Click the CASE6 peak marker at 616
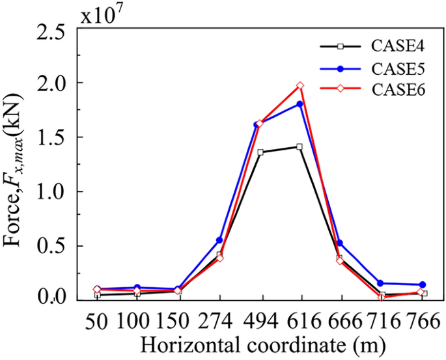pyautogui.click(x=300, y=85)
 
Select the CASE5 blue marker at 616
pyautogui.click(x=300, y=104)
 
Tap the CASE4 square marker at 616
pyautogui.click(x=300, y=146)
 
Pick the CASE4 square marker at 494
pyautogui.click(x=260, y=152)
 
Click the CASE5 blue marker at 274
pyautogui.click(x=219, y=240)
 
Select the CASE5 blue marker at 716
pyautogui.click(x=381, y=283)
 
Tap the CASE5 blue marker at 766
pyautogui.click(x=423, y=285)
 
